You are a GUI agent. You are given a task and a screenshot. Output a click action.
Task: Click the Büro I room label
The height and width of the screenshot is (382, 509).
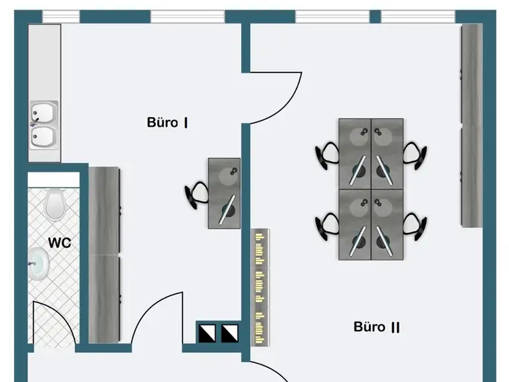167,122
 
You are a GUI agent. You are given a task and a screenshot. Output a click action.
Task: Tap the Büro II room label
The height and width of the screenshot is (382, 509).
377,327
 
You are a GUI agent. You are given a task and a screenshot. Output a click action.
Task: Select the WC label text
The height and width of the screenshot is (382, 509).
59,243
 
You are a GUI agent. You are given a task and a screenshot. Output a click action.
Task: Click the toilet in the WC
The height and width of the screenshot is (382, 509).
55,202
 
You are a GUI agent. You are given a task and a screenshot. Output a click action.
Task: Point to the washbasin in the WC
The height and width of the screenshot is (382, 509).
39,264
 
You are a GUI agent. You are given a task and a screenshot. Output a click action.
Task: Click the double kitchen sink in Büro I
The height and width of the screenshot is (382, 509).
43,125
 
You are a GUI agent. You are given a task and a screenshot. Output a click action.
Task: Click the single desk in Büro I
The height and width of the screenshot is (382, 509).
225,193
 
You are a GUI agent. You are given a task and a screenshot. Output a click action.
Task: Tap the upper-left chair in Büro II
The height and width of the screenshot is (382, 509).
327,155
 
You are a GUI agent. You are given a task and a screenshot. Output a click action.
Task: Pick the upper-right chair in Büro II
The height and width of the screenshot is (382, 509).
415,155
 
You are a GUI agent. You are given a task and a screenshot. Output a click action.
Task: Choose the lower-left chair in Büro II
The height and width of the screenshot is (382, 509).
327,226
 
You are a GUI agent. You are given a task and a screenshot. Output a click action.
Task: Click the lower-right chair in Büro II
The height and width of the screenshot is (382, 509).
415,226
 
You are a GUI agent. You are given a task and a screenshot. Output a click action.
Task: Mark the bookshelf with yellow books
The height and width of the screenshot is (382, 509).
260,286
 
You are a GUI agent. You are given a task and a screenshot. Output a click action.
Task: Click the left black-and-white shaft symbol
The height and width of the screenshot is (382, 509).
207,332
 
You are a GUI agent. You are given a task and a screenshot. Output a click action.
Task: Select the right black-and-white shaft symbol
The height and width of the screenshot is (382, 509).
229,332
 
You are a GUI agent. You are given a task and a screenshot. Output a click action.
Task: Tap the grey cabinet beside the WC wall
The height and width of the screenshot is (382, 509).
104,255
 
